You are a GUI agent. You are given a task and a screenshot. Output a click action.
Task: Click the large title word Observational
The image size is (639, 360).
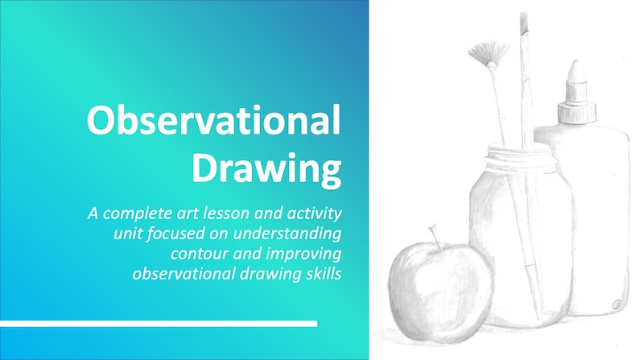point(213,122)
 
